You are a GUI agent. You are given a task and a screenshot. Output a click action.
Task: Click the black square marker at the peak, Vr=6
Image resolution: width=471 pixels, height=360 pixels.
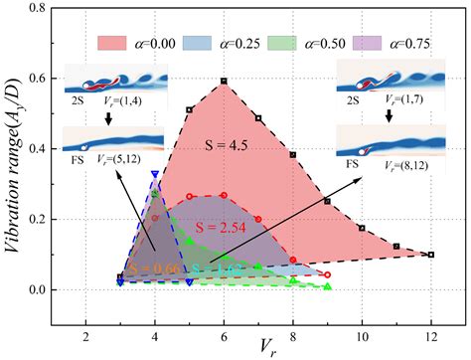[x=225, y=81]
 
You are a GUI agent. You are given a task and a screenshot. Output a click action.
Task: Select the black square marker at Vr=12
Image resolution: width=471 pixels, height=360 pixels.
[x=431, y=255]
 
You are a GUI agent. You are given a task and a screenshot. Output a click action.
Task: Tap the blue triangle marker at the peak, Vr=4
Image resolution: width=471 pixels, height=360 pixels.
[x=155, y=174]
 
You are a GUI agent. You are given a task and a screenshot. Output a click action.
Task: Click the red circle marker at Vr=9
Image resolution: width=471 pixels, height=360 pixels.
[x=328, y=274]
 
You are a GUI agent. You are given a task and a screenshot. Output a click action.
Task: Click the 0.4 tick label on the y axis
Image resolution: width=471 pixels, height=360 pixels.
[x=40, y=150]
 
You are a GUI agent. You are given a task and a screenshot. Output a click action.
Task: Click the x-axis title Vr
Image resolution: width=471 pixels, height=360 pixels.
[x=257, y=345]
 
